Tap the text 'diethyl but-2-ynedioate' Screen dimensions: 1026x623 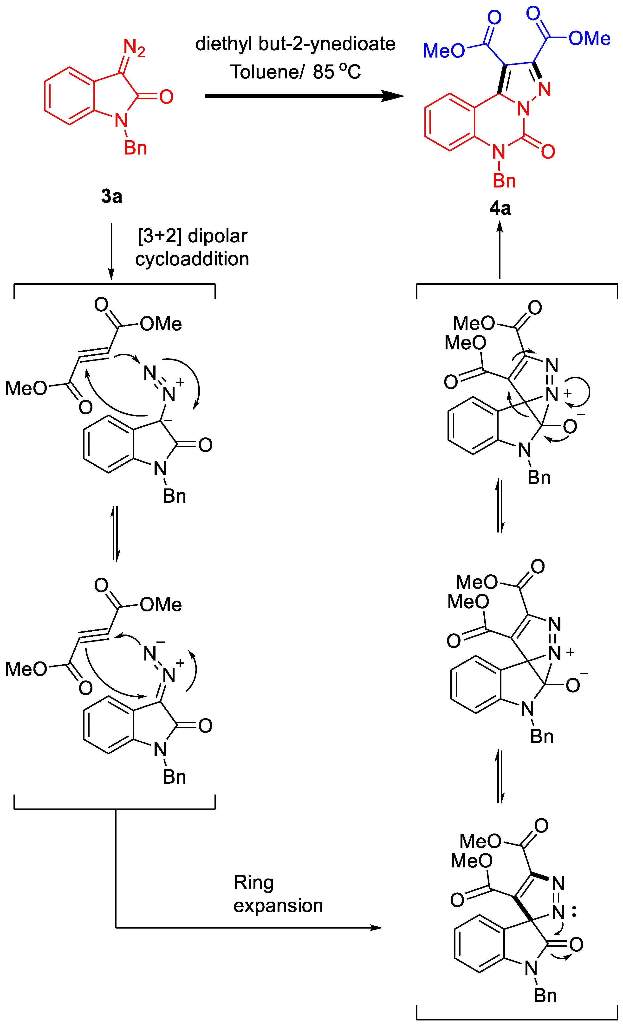coord(295,44)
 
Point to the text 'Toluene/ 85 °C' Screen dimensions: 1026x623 coord(295,72)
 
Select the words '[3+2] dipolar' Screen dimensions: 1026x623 coord(192,236)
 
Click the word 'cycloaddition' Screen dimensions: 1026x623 coord(192,259)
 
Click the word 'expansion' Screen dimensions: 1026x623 coord(278,906)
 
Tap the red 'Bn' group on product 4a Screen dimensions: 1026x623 coord(504,181)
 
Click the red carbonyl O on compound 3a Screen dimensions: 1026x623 coord(166,97)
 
